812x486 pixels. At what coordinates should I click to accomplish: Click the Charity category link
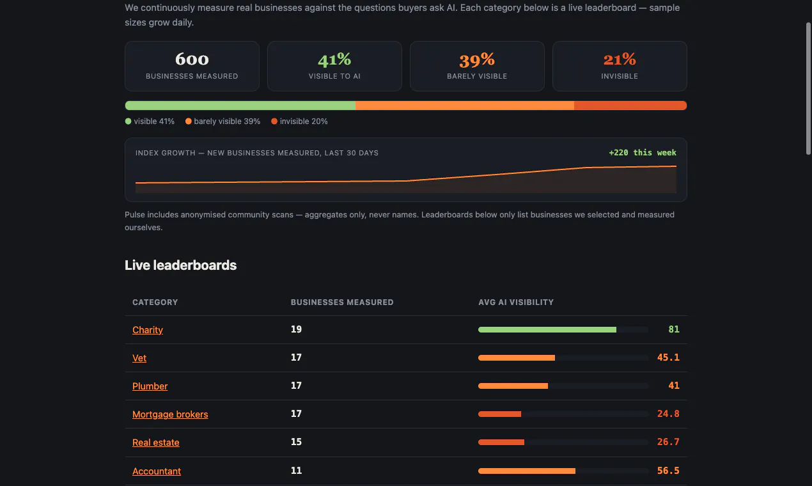click(x=148, y=330)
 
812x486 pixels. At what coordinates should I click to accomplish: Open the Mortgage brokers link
click(x=170, y=414)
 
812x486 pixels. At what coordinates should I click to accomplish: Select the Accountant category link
click(x=157, y=471)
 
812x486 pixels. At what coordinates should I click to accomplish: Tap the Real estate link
click(x=156, y=443)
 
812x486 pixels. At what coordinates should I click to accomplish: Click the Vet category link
click(x=139, y=358)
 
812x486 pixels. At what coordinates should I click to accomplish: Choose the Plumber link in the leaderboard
click(x=150, y=386)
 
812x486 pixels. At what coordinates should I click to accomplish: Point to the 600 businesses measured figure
click(x=192, y=59)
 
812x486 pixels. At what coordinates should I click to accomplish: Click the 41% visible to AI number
click(x=334, y=59)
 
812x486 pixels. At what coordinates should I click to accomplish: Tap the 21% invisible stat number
click(x=620, y=59)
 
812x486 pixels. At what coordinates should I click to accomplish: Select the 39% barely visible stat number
click(x=477, y=59)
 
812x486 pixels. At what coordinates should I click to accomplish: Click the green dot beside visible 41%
click(x=128, y=121)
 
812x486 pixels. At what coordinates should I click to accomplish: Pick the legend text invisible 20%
click(x=304, y=121)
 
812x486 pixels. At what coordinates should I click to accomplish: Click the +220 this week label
click(x=643, y=153)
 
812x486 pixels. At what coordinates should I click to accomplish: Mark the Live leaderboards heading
click(x=180, y=265)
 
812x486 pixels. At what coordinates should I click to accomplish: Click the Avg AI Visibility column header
click(x=516, y=302)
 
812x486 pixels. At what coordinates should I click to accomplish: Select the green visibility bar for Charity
click(x=547, y=330)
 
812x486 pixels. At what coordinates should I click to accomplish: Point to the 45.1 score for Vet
click(x=668, y=357)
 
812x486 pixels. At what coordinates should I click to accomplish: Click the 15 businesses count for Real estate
click(x=296, y=442)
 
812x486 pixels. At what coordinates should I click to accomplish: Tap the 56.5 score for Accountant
click(x=668, y=471)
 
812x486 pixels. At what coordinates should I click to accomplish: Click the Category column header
click(x=155, y=302)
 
